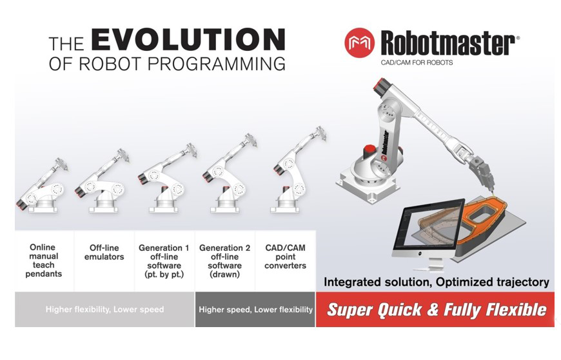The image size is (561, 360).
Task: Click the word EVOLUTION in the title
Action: [188, 40]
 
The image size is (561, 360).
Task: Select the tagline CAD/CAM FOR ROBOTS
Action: [417, 63]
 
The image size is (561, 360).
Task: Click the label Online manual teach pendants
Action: [44, 261]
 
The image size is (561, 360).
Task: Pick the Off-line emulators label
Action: [104, 252]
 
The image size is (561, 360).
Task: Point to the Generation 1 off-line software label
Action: [164, 261]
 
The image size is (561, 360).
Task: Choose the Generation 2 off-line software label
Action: [224, 261]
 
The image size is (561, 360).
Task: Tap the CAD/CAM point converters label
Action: [285, 256]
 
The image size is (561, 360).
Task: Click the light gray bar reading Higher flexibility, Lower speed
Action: [104, 309]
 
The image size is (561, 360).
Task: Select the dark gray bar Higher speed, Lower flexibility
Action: [255, 309]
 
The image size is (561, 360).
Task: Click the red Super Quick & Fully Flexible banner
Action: [435, 309]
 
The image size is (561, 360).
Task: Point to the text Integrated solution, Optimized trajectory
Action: [436, 282]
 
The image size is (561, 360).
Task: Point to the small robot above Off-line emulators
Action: [102, 181]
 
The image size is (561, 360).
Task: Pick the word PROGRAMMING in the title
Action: [217, 64]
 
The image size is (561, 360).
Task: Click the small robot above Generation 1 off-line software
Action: [167, 178]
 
